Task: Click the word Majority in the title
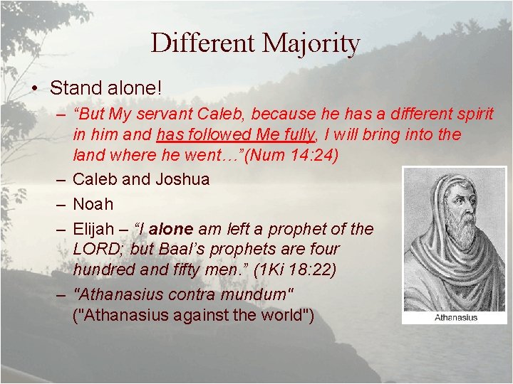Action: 311,43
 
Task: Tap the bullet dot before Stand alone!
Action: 33,89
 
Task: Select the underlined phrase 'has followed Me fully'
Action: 236,134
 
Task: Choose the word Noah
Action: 93,204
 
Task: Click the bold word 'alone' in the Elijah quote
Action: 170,228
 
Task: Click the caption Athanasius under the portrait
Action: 456,317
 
